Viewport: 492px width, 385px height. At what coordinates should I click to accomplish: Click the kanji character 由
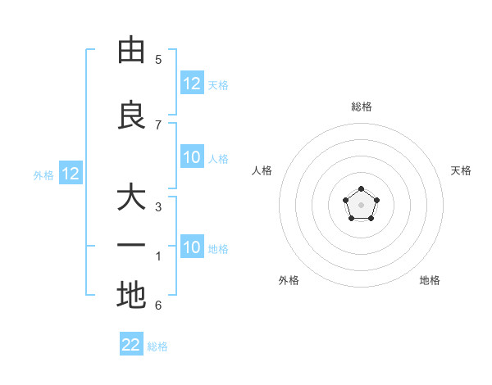click(131, 51)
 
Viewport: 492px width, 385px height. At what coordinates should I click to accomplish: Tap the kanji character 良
click(131, 115)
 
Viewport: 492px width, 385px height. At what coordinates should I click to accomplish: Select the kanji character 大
click(131, 199)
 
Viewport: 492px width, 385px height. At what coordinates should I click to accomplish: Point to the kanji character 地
click(131, 295)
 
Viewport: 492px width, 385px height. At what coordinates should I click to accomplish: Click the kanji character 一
click(131, 247)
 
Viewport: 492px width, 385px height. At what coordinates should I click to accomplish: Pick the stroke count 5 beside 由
click(158, 59)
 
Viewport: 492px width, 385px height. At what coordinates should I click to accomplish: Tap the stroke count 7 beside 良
click(158, 125)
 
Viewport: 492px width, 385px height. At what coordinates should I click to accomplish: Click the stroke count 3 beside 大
click(158, 206)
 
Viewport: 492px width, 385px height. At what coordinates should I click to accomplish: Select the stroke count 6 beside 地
click(158, 306)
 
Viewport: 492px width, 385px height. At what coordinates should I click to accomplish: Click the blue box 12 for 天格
click(192, 84)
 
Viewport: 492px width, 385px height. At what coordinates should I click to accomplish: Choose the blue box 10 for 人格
click(192, 158)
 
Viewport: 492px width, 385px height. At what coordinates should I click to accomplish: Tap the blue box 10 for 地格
click(192, 248)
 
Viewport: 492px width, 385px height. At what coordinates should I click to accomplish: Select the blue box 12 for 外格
click(71, 174)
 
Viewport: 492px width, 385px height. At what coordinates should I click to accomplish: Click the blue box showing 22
click(131, 345)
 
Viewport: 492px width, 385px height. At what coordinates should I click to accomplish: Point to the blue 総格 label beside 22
click(157, 346)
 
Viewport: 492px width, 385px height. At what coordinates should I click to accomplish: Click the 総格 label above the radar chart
click(362, 106)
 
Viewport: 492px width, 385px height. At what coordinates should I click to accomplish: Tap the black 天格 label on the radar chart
click(462, 170)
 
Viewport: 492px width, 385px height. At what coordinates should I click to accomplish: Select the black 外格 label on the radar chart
click(289, 280)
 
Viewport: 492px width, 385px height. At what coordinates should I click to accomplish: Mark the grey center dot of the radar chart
click(361, 205)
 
